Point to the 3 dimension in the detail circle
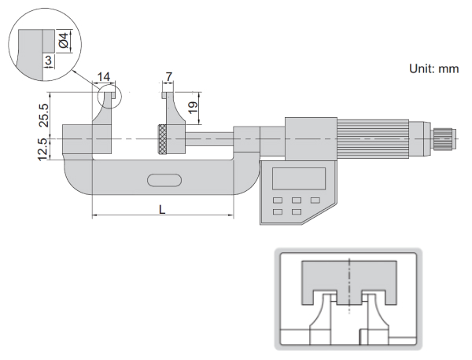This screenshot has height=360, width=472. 48,60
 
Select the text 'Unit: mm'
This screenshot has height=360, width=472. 433,69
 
